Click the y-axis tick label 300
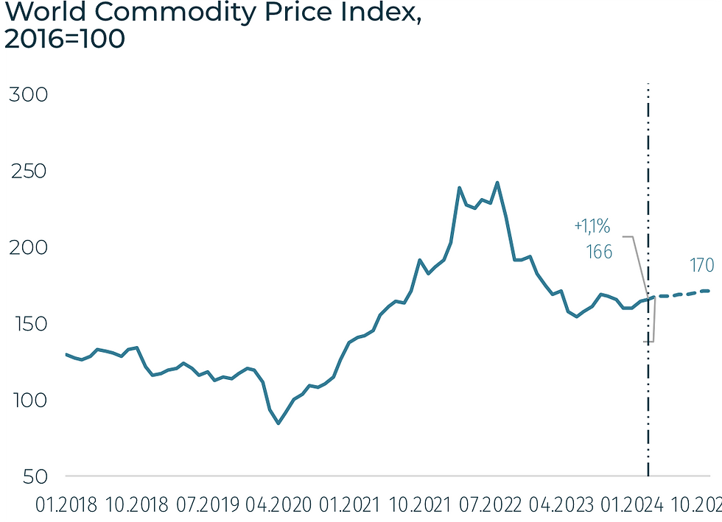[27, 96]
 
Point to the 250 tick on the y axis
[27, 172]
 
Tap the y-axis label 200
[27, 248]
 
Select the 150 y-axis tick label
[27, 325]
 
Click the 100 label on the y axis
[27, 401]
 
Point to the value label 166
[599, 252]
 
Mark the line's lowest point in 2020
[278, 423]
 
